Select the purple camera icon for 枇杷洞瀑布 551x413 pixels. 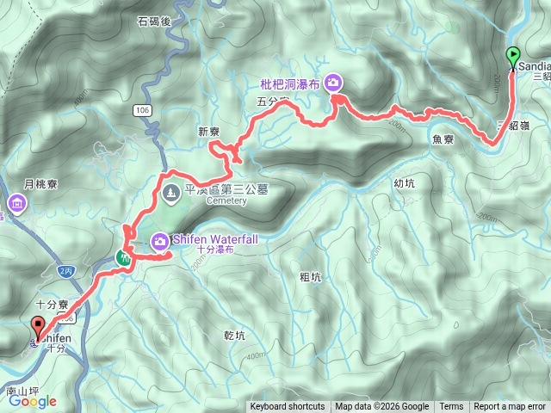click(x=333, y=83)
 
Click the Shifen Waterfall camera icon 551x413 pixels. click(x=160, y=242)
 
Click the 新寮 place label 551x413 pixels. click(x=210, y=132)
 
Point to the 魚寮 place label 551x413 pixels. click(x=443, y=138)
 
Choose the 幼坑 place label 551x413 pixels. click(x=404, y=182)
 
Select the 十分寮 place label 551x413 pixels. click(x=53, y=304)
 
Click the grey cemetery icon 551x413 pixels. click(x=170, y=193)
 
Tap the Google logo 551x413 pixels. click(x=33, y=400)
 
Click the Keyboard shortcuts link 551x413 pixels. click(x=288, y=407)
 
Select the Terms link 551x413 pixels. click(x=451, y=407)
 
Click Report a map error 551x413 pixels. click(x=511, y=407)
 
